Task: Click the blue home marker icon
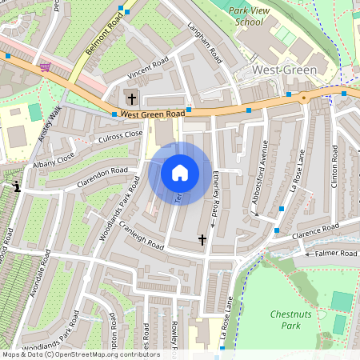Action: pos(180,173)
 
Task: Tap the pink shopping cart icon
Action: pos(45,67)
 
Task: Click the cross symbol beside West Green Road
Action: pos(130,99)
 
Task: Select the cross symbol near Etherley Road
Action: pos(202,239)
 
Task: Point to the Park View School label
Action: pos(245,17)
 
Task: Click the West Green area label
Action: pos(284,70)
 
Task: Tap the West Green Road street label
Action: pos(153,114)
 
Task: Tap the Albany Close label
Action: pos(54,161)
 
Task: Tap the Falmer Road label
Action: pos(337,253)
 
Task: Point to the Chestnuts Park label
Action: pos(290,320)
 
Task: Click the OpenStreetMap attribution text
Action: pos(80,354)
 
